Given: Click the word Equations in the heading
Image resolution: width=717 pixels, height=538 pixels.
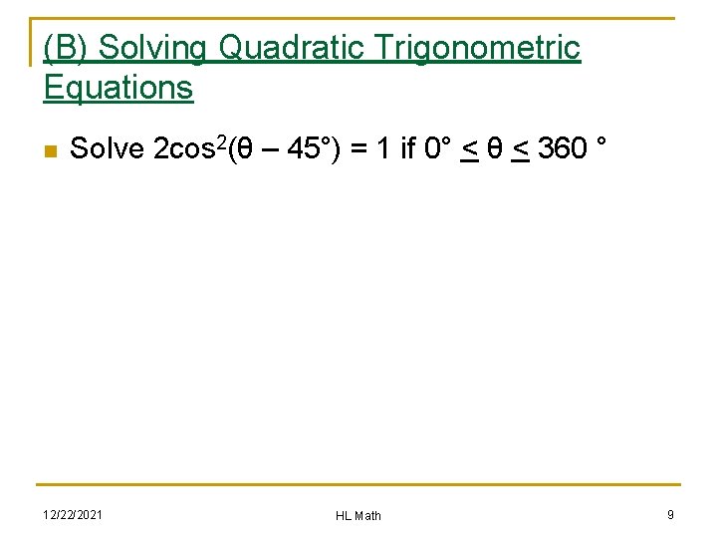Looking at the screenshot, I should pyautogui.click(x=118, y=87).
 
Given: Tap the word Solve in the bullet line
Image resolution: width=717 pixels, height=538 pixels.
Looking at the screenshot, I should pyautogui.click(x=108, y=149).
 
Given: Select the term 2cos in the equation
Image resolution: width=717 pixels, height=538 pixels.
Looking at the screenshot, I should pyautogui.click(x=185, y=149).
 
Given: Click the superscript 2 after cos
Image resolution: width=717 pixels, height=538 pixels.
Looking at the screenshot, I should pyautogui.click(x=221, y=143).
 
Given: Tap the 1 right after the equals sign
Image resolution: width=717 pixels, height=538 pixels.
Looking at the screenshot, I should pyautogui.click(x=382, y=149).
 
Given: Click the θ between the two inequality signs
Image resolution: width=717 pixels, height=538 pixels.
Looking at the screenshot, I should pyautogui.click(x=494, y=150).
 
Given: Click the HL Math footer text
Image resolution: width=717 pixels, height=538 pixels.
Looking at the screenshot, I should pyautogui.click(x=358, y=515).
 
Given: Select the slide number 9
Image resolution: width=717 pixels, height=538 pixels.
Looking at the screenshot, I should pyautogui.click(x=670, y=514).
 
